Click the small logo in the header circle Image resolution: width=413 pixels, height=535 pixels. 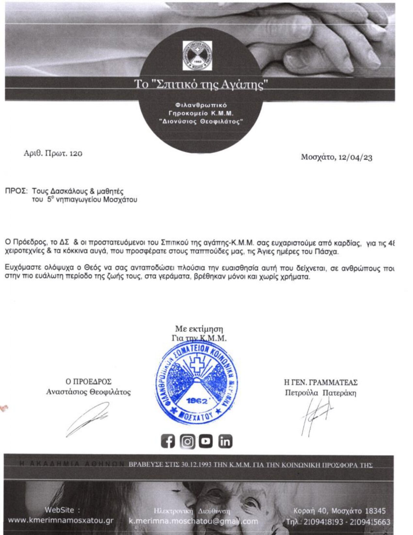point(197,55)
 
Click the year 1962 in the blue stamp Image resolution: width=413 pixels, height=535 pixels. point(197,402)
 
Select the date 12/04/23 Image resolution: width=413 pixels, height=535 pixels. point(355,157)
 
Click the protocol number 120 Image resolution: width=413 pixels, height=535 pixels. point(76,153)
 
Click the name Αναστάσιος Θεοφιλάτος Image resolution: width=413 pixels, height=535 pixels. point(88,392)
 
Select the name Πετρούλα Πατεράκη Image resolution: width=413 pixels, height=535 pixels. point(320,392)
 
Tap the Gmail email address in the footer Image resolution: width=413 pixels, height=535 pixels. point(193,521)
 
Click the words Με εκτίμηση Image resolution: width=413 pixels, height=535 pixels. point(199,328)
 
